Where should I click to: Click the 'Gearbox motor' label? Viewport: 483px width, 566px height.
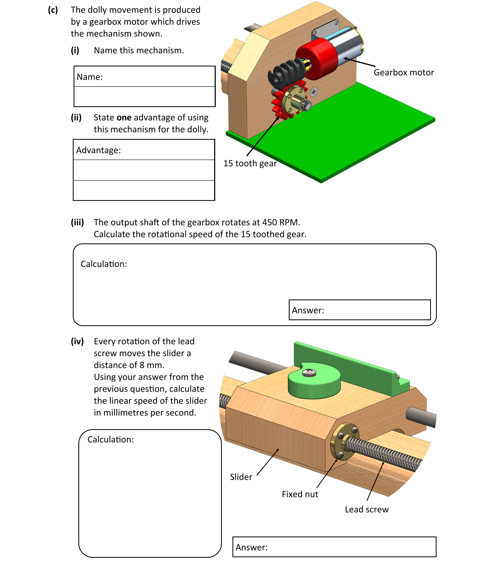pos(404,72)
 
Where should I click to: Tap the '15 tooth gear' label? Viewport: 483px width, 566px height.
pos(250,163)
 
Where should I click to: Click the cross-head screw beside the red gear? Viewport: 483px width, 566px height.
pos(313,92)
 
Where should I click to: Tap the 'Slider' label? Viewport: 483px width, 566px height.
pos(241,477)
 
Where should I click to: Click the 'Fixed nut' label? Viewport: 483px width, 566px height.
pos(300,494)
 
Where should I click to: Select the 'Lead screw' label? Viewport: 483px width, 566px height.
pos(366,509)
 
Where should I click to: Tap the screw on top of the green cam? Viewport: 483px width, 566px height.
pos(309,372)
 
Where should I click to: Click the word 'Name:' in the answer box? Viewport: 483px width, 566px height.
pos(90,77)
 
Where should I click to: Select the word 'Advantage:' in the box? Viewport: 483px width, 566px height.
pos(98,150)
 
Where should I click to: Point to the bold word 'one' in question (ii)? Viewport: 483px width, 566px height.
pos(124,117)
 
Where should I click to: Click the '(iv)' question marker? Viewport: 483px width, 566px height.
pos(77,341)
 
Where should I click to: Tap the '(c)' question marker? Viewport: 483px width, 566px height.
pos(53,10)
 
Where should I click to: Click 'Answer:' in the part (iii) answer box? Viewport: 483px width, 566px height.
pos(308,310)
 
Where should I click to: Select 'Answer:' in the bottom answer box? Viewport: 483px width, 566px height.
pos(251,547)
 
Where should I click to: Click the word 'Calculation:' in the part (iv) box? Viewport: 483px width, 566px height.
pos(111,440)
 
